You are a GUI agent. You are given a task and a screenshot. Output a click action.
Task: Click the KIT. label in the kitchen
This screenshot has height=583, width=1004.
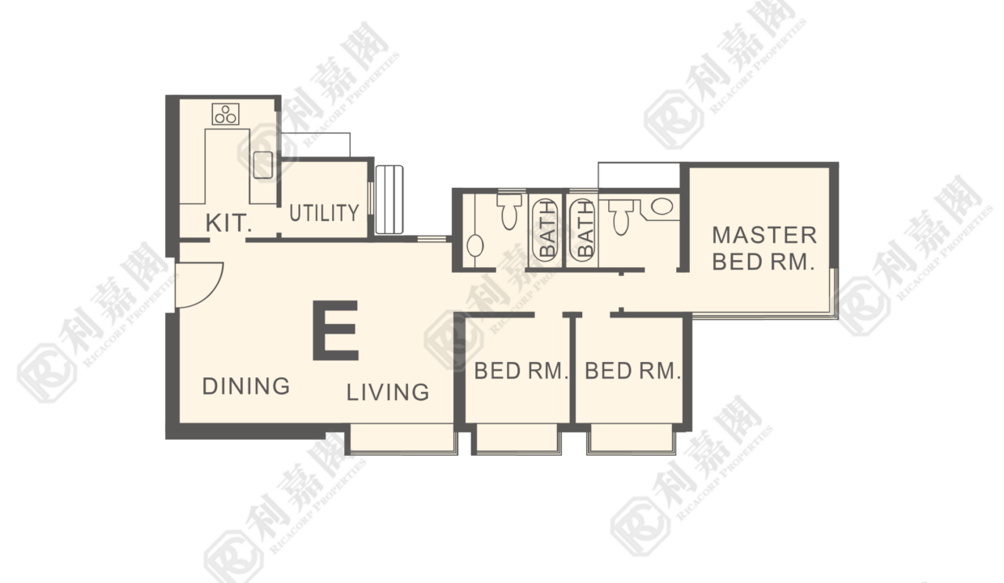pos(228,223)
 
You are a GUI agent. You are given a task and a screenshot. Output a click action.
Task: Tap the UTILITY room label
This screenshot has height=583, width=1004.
pos(324,213)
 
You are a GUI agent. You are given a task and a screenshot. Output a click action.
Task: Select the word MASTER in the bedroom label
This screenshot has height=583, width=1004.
pos(764,236)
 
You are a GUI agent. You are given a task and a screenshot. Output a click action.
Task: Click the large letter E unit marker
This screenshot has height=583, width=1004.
pos(335,330)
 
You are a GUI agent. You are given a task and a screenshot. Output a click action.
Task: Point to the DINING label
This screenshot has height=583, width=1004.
pos(246,386)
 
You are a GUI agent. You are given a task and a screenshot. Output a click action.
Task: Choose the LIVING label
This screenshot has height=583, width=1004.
pos(388,392)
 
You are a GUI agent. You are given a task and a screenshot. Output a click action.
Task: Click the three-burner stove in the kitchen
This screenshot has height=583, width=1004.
pos(225,114)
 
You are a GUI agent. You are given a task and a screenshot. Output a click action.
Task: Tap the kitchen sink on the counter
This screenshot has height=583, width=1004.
pos(263,165)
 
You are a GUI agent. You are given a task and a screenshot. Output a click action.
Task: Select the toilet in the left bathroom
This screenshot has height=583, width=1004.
pos(509,211)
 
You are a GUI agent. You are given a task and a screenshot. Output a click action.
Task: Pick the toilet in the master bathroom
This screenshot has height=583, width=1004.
pos(621,217)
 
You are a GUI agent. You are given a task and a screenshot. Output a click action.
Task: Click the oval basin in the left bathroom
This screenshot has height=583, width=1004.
pos(475,245)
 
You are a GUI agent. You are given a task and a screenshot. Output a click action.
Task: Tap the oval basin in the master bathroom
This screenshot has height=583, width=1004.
pos(662,206)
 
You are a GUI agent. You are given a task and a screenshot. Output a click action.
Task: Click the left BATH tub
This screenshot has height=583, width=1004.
pos(546,230)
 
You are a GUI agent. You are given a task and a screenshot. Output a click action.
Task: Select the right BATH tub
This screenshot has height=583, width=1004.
pos(582,230)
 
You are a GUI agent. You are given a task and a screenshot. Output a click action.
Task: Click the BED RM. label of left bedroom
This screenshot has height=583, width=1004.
pos(521,371)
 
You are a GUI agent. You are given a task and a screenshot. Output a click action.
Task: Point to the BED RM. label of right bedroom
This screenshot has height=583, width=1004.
pos(632,371)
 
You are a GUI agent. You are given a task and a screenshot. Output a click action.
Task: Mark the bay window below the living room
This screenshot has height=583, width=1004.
pos(402,439)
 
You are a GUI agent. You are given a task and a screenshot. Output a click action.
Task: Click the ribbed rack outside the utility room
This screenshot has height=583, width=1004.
pos(389,200)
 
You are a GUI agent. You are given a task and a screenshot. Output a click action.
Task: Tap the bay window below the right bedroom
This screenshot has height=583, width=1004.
pos(631,439)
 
